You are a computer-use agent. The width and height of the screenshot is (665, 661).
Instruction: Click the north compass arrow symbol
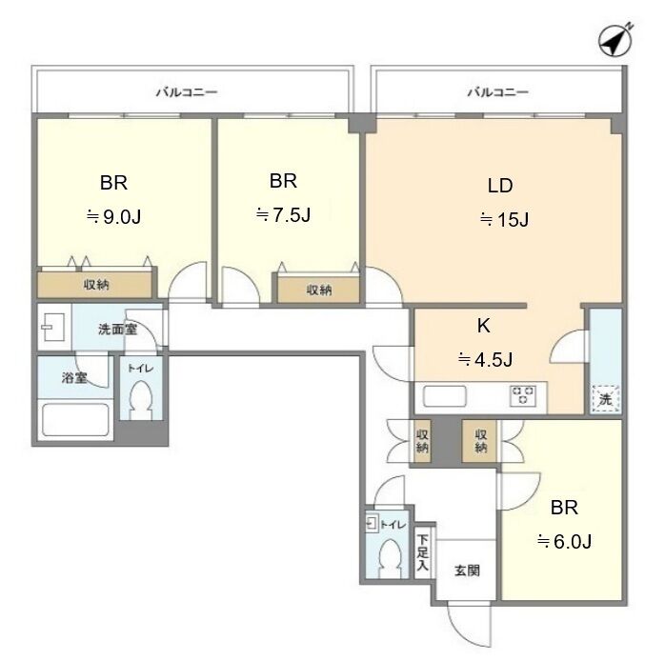[x=615, y=40]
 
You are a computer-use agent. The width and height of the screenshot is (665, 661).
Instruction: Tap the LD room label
[x=500, y=186]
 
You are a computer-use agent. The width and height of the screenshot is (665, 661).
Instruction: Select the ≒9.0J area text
[x=113, y=217]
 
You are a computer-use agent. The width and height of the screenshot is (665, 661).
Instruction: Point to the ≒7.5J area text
[x=283, y=215]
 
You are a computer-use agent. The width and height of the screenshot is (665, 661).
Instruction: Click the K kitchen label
[x=483, y=326]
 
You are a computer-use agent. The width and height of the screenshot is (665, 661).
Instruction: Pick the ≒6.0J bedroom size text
[x=564, y=541]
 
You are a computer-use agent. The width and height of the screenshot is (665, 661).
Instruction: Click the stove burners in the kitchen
[x=523, y=396]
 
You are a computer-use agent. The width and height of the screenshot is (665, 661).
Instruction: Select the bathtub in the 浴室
[x=75, y=420]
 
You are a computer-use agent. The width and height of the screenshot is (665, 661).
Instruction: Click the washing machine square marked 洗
[x=606, y=399]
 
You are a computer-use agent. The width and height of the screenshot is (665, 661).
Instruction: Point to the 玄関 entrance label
[x=467, y=571]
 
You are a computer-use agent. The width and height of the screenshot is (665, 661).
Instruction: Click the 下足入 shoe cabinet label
[x=422, y=552]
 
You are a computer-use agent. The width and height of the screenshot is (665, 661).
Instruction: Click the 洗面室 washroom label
[x=117, y=329]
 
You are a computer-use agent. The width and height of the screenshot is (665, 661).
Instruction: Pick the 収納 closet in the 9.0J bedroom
[x=94, y=285]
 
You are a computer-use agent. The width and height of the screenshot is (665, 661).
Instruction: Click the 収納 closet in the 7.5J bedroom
[x=318, y=290]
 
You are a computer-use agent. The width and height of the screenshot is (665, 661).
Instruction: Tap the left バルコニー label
[x=187, y=92]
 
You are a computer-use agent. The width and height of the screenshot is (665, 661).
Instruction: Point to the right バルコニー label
[x=498, y=92]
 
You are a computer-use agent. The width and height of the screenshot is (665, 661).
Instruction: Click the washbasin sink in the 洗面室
[x=53, y=327]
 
